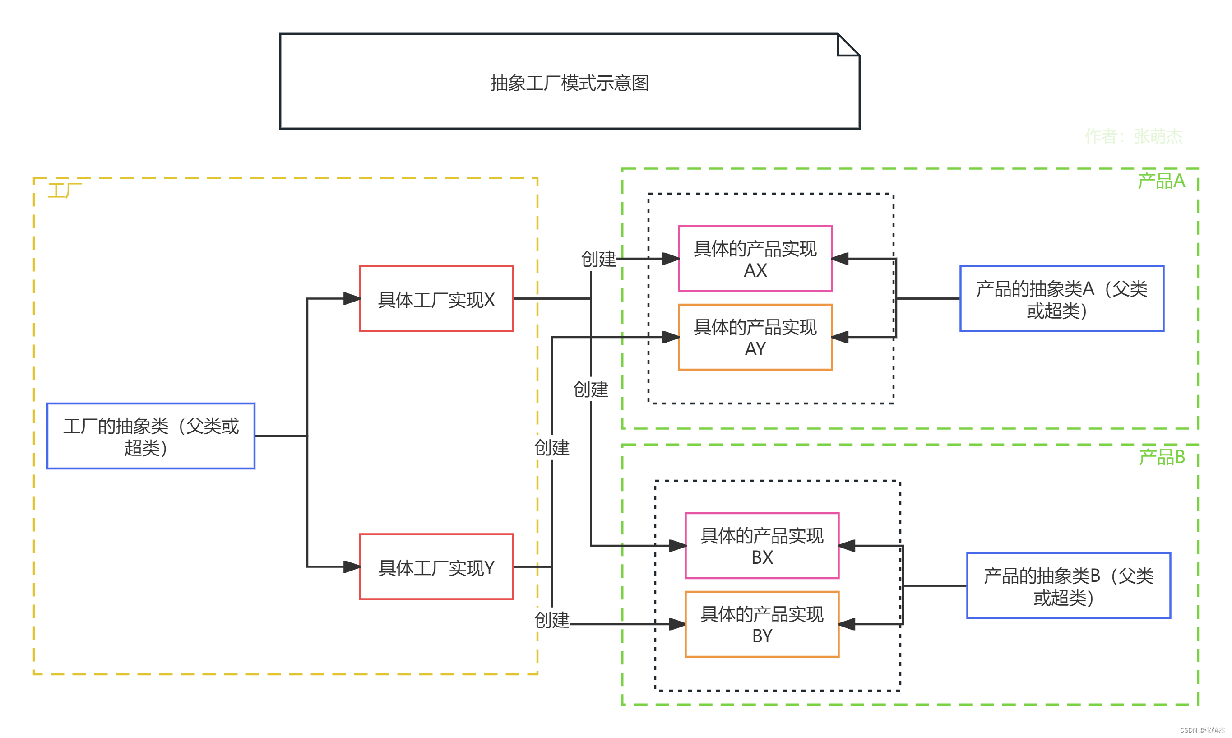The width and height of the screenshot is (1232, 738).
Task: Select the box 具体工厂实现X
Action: point(436,299)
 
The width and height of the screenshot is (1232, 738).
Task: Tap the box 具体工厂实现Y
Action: point(436,567)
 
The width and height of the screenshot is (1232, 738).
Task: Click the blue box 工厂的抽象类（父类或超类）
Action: point(151,436)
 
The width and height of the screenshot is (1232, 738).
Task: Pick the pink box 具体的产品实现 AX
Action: point(755,259)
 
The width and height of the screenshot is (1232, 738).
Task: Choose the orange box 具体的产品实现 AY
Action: point(755,337)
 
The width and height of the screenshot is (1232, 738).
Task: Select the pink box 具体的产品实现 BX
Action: point(762,546)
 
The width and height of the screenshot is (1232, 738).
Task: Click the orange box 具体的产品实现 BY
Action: point(762,624)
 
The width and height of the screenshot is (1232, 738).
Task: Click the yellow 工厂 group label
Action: point(65,190)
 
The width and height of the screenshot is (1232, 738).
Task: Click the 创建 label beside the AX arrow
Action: point(598,259)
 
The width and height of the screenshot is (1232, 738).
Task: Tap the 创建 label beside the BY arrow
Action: point(551,620)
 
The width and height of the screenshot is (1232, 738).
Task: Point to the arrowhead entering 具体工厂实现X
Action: point(352,299)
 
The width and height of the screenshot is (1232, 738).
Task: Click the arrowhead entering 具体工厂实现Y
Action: point(352,566)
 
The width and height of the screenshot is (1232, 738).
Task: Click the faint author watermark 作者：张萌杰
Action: point(1133,136)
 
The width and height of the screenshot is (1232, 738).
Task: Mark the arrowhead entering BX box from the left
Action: point(677,546)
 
